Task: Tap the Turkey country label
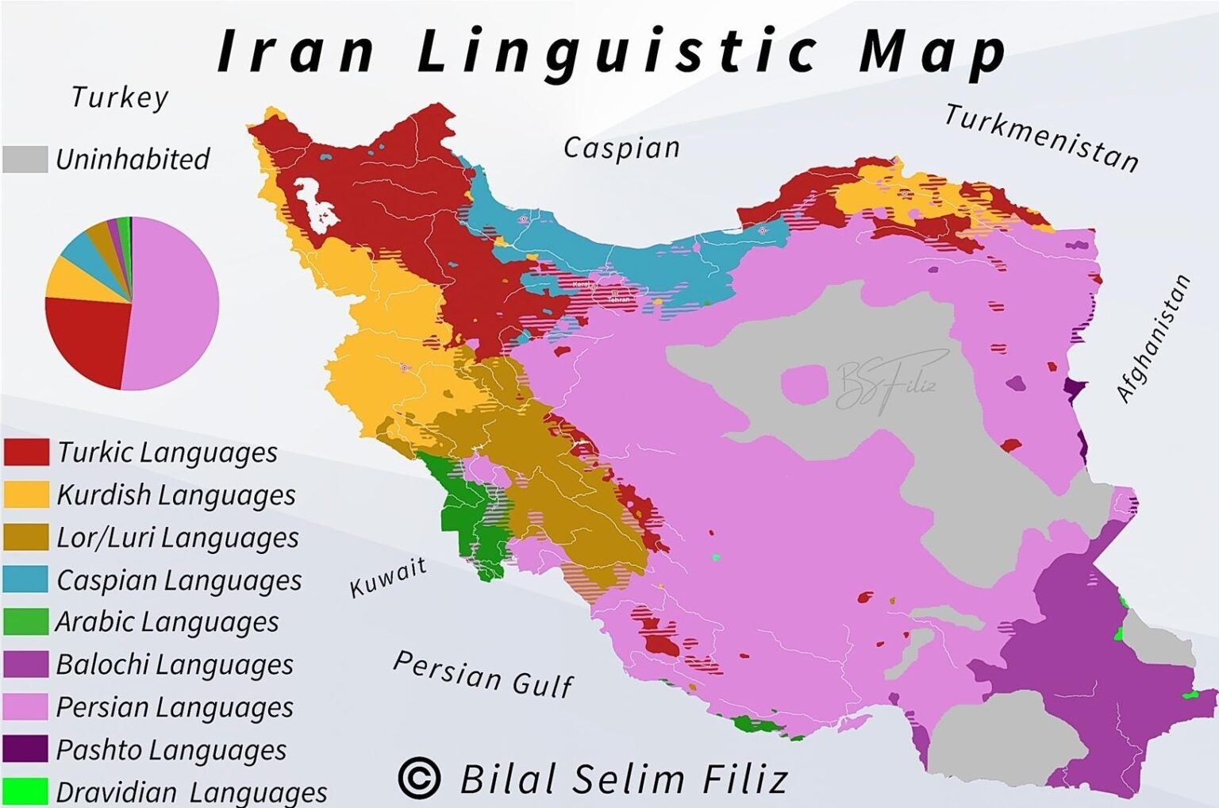(120, 98)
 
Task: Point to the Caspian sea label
(621, 148)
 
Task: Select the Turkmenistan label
(1041, 137)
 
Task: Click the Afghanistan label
(1153, 338)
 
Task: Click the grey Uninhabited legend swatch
(25, 159)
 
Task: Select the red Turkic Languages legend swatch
(26, 452)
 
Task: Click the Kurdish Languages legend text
(176, 495)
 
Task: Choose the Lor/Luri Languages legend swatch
(26, 537)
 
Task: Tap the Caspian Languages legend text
(179, 580)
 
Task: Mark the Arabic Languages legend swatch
(26, 622)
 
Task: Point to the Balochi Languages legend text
(175, 664)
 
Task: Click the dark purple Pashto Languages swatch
(26, 749)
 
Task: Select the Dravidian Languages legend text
(191, 792)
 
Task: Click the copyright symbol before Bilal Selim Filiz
(419, 778)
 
